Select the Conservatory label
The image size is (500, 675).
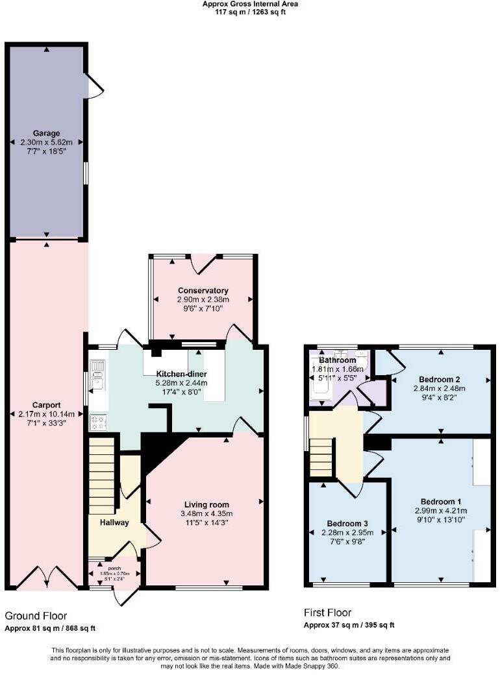[x=203, y=290]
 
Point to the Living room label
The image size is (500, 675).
[x=206, y=504]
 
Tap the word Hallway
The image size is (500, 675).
[x=114, y=522]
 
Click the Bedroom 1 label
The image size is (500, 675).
[x=441, y=501]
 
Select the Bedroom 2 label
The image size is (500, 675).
[x=439, y=379]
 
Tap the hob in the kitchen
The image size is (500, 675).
[x=98, y=422]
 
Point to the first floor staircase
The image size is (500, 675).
[x=321, y=457]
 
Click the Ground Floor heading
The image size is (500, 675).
[x=36, y=615]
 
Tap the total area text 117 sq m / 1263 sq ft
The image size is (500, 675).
[x=250, y=12]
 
